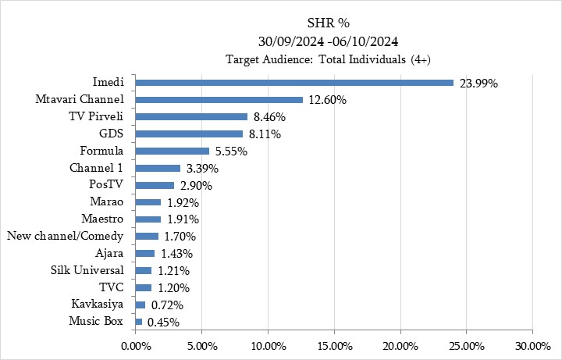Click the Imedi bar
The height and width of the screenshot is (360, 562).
point(293,83)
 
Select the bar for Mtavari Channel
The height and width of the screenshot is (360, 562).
point(219,100)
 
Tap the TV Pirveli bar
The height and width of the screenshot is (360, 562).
point(191,117)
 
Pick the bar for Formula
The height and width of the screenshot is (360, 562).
point(172,151)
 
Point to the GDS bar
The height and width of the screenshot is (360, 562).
point(189,134)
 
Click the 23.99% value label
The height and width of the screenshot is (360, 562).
point(478,84)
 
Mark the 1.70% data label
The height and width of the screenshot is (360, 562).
point(180,237)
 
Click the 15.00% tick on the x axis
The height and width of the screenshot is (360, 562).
point(333,345)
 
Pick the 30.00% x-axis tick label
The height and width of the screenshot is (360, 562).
point(532,345)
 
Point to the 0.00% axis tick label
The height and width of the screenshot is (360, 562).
point(135,345)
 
